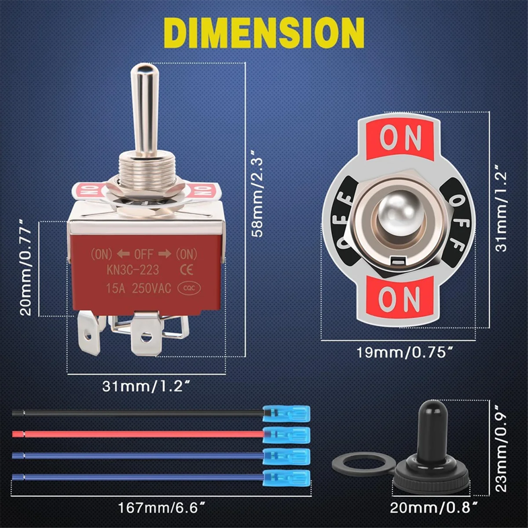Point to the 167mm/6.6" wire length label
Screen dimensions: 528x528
pos(162,508)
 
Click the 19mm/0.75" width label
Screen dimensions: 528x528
pos(404,352)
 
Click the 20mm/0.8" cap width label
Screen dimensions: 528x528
pos(434,508)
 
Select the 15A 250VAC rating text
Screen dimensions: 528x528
pos(138,288)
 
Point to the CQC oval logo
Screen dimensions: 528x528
pos(189,288)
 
